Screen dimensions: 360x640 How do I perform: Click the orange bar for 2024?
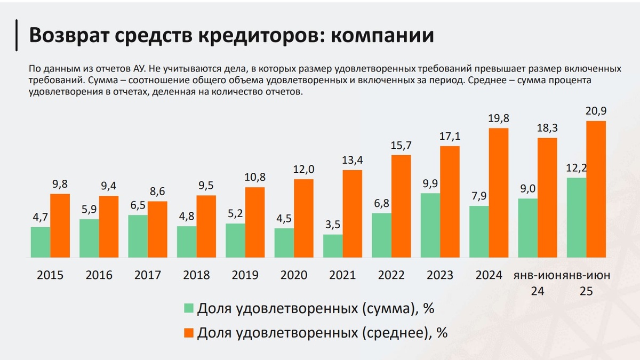[x=499, y=193]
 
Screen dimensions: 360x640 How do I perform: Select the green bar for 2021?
[x=333, y=246]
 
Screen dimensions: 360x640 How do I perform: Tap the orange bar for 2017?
[x=157, y=230]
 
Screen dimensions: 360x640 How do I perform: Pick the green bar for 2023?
[x=430, y=226]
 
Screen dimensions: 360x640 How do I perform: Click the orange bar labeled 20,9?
[x=596, y=189]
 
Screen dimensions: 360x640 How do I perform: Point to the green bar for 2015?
[x=41, y=243]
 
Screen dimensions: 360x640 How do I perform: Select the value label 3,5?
[x=333, y=225]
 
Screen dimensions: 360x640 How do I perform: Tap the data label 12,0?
[x=304, y=170]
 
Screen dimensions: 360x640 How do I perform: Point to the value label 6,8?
[x=382, y=204]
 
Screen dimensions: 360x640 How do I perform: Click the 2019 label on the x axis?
[x=245, y=275]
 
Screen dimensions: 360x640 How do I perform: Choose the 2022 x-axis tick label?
[x=391, y=275]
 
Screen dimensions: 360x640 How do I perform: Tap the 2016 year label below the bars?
[x=99, y=275]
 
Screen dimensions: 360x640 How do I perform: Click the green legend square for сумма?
[x=188, y=308]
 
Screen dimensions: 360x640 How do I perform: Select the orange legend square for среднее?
[x=188, y=333]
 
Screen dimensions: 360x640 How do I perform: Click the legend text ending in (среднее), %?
[x=322, y=333]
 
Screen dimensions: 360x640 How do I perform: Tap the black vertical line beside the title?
[x=17, y=35]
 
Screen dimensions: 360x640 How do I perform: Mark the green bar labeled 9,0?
[x=528, y=228]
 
